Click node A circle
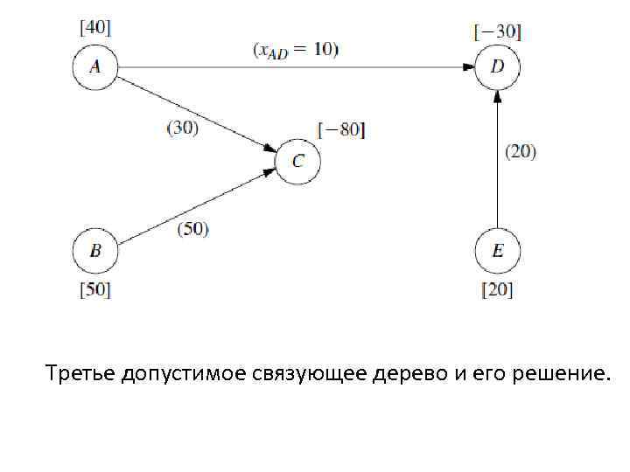94,68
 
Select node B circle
94,251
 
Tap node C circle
297,162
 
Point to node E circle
497,251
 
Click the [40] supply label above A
94,27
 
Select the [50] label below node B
94,288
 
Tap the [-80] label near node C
341,130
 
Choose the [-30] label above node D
497,32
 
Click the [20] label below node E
497,288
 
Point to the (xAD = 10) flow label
296,50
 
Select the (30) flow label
182,127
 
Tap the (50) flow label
193,229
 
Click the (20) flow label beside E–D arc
521,151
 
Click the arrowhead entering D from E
497,96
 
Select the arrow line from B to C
192,209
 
